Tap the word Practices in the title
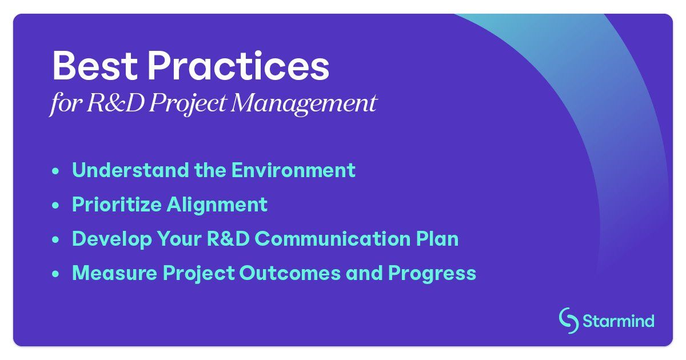point(238,67)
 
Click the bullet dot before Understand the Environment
point(55,171)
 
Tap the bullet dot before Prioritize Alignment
point(55,205)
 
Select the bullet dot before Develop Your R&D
point(55,239)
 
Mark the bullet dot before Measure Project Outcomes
point(55,274)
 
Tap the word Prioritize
point(116,205)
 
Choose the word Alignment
point(217,205)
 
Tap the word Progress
point(432,273)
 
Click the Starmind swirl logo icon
point(568,321)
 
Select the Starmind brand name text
point(618,321)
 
